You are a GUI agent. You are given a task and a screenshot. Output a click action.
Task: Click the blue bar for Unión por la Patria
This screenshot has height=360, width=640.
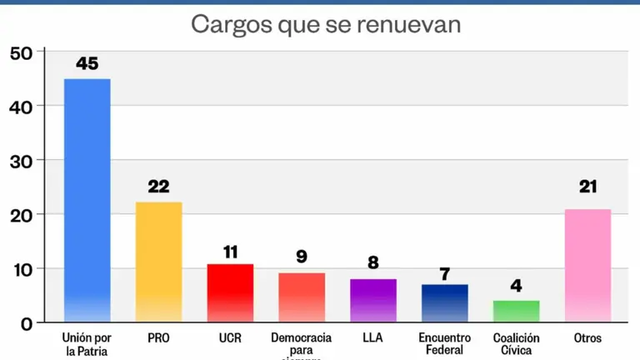pos(87,200)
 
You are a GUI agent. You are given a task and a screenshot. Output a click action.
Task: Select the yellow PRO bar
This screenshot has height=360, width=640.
pos(158,262)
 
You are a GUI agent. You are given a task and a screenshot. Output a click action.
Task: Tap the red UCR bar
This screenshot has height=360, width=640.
pos(230,292)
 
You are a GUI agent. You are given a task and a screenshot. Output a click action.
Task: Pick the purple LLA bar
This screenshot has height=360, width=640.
pos(372,300)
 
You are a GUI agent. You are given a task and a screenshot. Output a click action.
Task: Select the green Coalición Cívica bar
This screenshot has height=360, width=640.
pos(516,311)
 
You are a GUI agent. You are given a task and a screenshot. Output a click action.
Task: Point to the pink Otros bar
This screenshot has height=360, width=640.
pos(587,265)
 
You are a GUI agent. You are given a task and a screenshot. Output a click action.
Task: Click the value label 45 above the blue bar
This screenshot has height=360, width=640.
pos(87,63)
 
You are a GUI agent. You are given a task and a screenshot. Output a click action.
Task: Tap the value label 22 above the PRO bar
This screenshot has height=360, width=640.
pos(158,187)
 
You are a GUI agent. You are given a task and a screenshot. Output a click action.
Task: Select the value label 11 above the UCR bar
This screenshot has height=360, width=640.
pos(230,250)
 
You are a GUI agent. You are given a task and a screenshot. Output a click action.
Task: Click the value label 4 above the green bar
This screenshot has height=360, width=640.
pos(516,286)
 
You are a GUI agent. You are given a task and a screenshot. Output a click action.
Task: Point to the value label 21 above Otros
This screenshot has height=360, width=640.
pos(588,187)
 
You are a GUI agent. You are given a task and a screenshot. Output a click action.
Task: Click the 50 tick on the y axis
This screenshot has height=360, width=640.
pos(21,52)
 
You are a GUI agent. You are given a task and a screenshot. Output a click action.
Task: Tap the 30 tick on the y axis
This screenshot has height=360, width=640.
pos(21,161)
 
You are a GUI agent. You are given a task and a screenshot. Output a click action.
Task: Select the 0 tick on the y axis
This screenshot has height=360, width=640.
pos(27,323)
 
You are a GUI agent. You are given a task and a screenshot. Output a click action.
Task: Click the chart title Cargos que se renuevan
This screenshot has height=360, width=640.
pos(326,23)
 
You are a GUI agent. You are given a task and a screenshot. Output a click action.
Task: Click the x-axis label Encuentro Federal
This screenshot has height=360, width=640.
pos(444,344)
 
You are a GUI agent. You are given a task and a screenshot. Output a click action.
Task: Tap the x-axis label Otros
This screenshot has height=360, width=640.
pos(587,338)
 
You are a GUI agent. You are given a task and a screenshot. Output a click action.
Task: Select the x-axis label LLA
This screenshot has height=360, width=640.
pos(372,338)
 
